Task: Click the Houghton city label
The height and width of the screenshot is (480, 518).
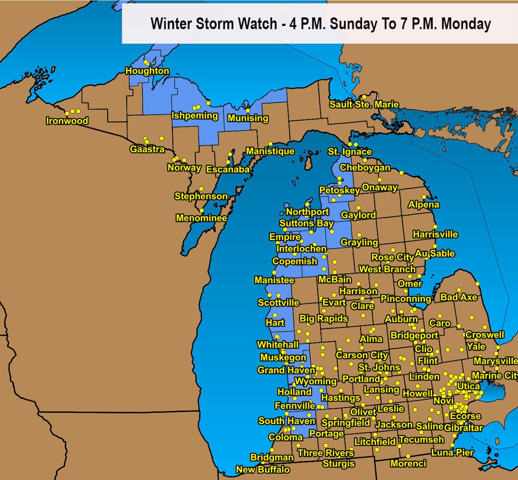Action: pos(147,71)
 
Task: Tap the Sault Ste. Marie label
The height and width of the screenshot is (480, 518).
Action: pos(364,104)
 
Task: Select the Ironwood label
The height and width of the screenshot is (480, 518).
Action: pos(67,121)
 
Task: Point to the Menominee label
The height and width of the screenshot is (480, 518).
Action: pos(201,218)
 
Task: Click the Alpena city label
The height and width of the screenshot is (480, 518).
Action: pos(423,205)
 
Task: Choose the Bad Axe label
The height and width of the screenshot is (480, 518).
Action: pos(459,297)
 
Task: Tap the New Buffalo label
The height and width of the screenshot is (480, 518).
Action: pos(263,469)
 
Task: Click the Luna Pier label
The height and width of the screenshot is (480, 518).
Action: pos(452,453)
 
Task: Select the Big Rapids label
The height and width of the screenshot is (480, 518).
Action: pos(323,319)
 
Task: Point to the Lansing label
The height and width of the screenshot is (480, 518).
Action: pos(381,389)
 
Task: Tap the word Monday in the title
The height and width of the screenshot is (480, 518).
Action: pos(466,24)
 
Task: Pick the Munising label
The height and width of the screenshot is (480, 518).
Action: pos(248,118)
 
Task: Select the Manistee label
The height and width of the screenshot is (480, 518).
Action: pos(274,280)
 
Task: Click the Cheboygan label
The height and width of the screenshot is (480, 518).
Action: pos(365,167)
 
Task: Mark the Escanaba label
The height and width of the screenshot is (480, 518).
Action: pos(228,169)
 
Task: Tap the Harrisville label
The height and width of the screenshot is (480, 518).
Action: pos(435,235)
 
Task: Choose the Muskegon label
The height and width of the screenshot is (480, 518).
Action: pos(283,357)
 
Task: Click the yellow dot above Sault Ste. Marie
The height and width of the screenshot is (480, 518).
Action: pos(364,97)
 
